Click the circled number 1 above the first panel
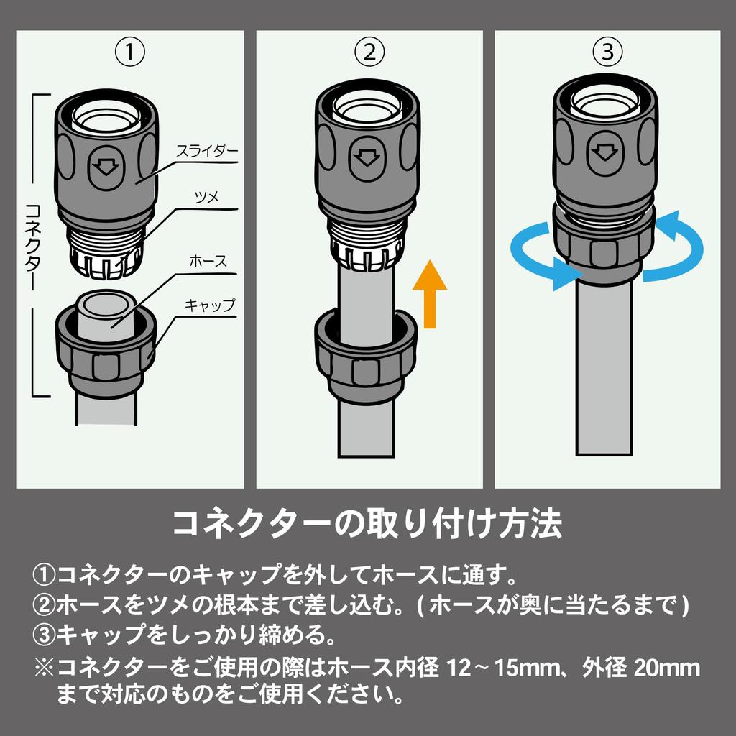[x=130, y=52]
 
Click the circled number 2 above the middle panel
[x=369, y=52]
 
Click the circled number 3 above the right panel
[x=607, y=52]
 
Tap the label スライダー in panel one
[x=207, y=151]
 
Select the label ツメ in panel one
[x=207, y=197]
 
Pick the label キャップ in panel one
[x=209, y=305]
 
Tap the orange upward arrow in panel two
[x=430, y=294]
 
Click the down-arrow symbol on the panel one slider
[x=106, y=166]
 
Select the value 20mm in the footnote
[x=667, y=668]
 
